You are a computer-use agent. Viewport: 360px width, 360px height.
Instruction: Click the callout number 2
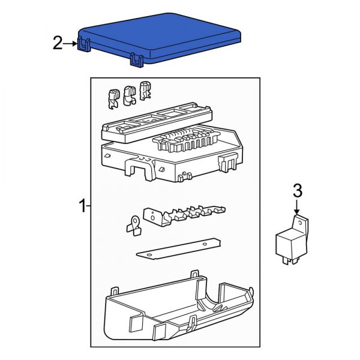pos(58,43)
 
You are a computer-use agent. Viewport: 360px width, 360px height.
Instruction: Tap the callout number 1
pos(82,207)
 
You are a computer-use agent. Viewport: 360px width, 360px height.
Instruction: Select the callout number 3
pos(298,191)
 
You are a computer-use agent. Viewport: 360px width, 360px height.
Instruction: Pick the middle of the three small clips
pos(128,94)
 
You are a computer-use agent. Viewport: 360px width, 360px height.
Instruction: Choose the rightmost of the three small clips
pos(144,91)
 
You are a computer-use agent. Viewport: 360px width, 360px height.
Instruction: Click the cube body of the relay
pos(288,243)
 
